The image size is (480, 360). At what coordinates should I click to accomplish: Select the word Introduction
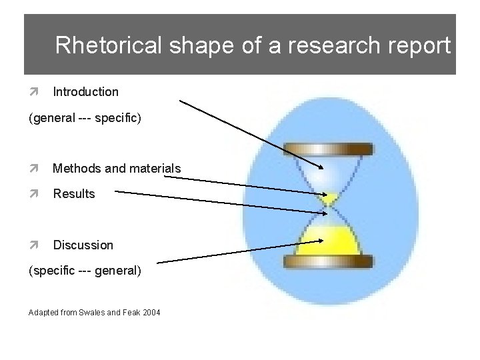tap(85, 91)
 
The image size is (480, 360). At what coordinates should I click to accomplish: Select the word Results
tap(74, 194)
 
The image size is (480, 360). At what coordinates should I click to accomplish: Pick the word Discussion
tap(83, 245)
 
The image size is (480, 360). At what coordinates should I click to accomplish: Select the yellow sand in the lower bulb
tap(325, 237)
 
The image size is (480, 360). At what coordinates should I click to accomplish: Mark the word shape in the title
tap(186, 45)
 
